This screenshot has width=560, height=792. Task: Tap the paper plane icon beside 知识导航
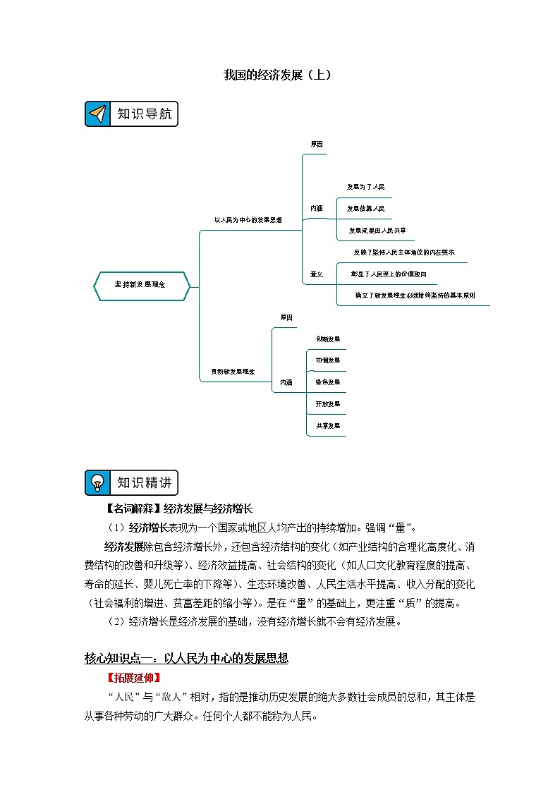(98, 114)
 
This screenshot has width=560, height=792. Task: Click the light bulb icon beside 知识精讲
(98, 482)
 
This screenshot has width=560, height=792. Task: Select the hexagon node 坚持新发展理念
(141, 285)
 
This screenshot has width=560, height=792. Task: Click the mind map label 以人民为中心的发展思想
(248, 220)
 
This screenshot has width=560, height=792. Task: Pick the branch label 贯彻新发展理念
(233, 371)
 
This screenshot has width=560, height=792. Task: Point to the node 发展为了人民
(365, 187)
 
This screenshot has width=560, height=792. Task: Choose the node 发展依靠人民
(365, 209)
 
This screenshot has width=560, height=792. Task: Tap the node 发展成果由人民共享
(377, 231)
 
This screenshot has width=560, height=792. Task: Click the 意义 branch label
(317, 274)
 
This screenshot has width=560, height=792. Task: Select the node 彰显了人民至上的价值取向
(389, 274)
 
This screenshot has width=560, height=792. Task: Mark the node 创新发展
(328, 339)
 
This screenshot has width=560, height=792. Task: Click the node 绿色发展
(328, 382)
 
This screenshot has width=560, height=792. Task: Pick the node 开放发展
(328, 404)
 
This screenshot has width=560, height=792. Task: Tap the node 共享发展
(328, 426)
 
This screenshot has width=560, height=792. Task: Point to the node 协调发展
(328, 360)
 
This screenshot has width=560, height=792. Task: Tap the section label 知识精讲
(144, 482)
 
